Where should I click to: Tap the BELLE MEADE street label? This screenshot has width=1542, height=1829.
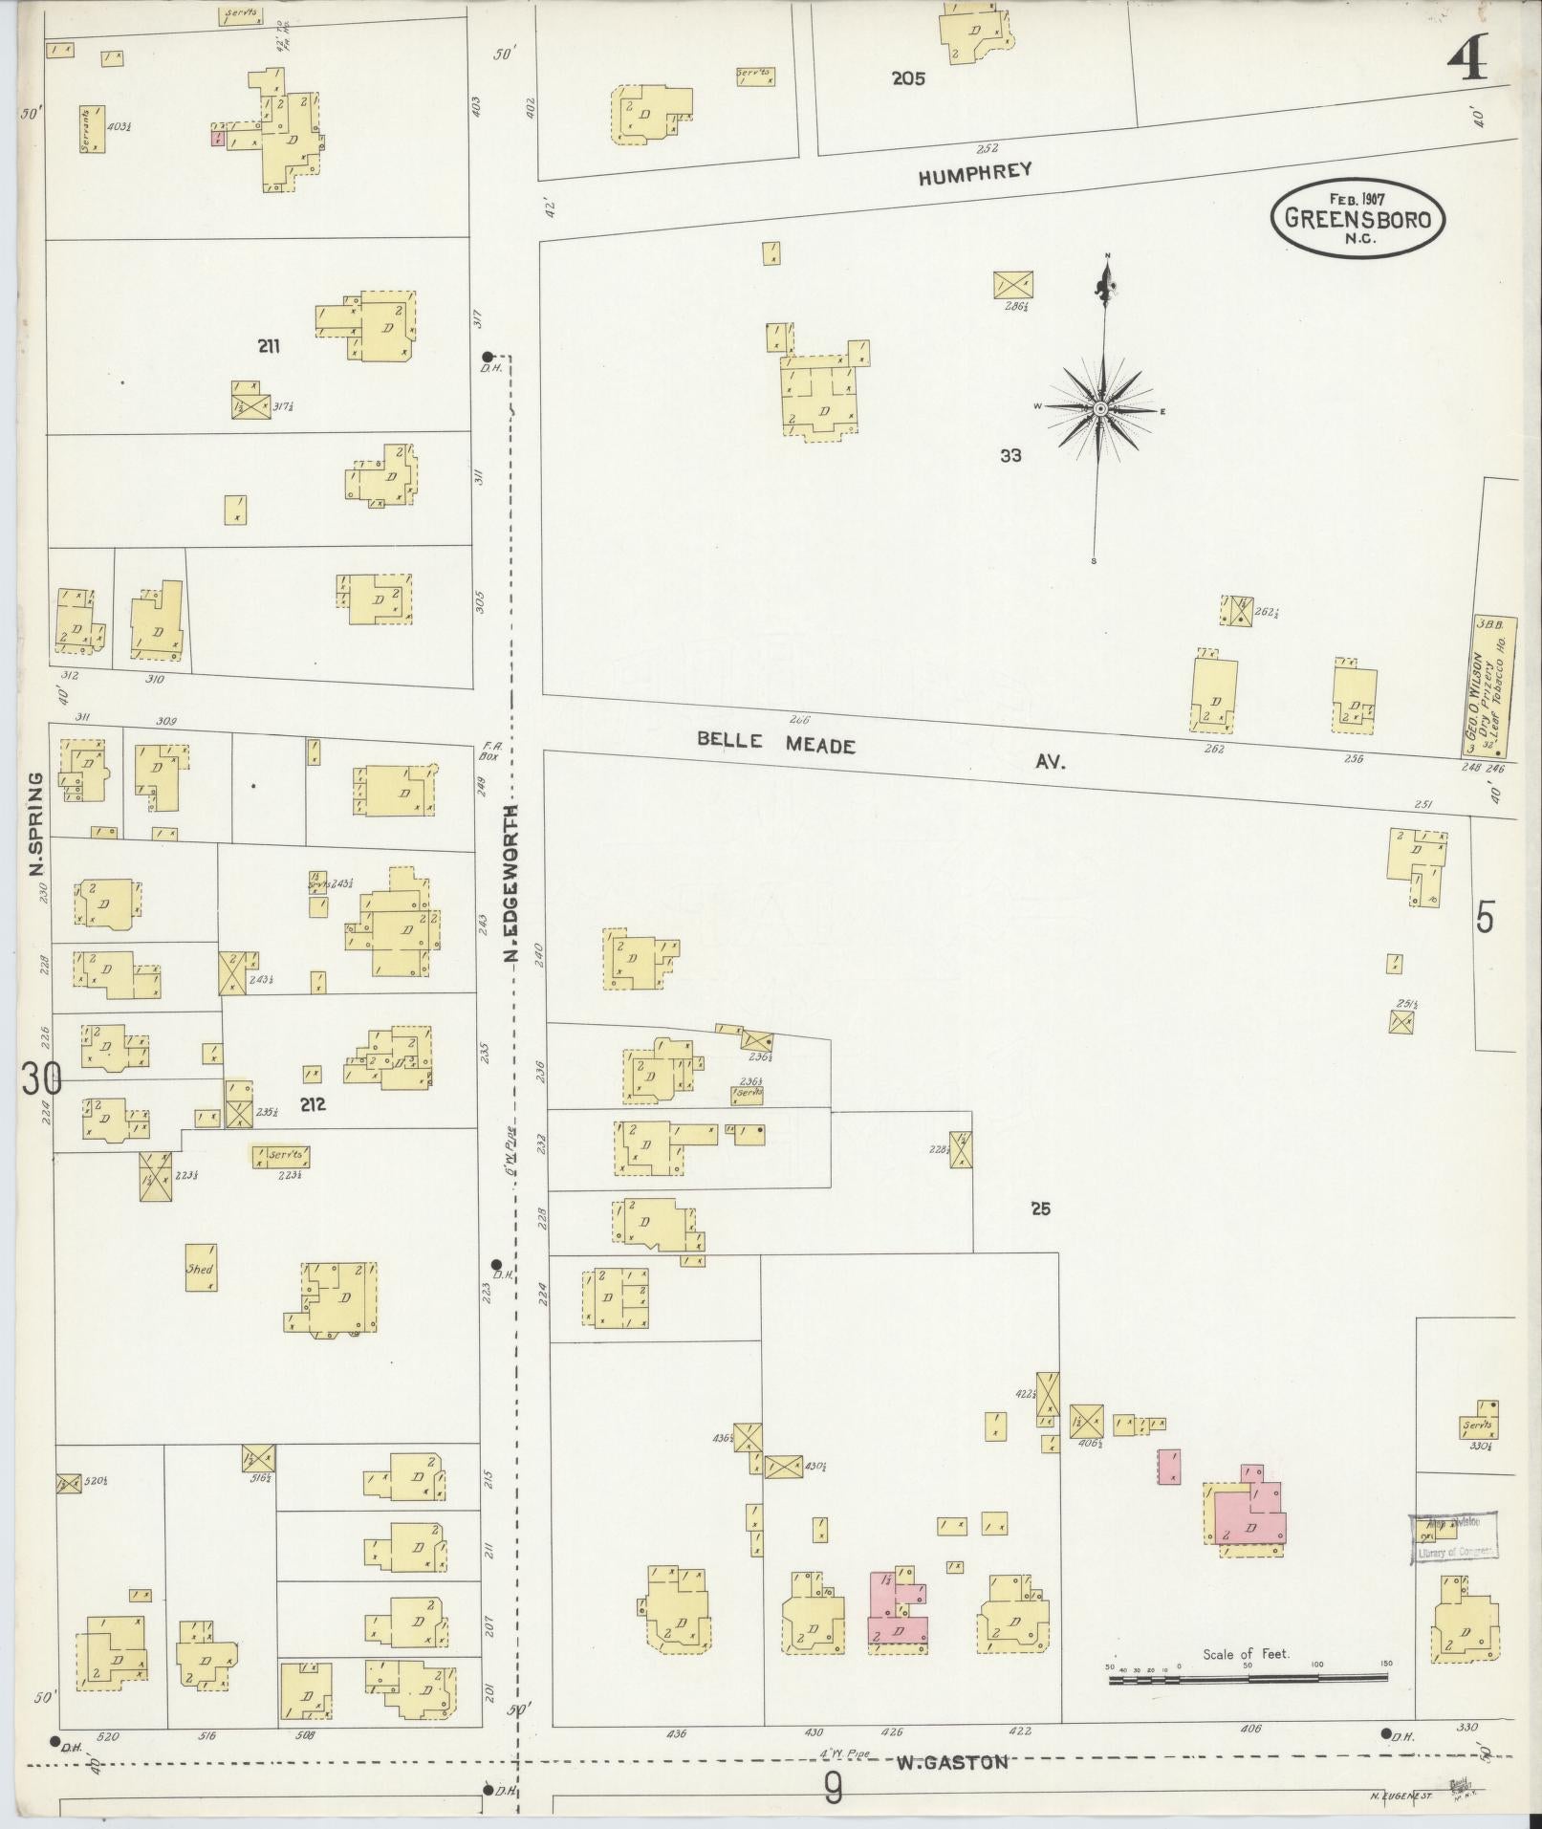click(774, 742)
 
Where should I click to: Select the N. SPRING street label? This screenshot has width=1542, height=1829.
click(37, 823)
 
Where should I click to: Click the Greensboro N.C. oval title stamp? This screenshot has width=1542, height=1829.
click(1357, 219)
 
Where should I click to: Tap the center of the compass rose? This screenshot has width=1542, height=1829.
click(1100, 409)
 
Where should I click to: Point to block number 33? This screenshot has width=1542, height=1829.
click(1010, 456)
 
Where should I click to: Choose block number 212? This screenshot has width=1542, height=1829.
click(313, 1104)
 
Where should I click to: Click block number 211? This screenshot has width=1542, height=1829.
click(269, 346)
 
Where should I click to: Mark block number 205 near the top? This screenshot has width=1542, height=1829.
click(908, 79)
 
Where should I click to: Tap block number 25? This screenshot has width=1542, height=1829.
click(1040, 1208)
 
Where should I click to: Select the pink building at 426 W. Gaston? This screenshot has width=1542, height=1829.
click(897, 1608)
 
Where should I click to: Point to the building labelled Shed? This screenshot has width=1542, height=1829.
click(200, 1269)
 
